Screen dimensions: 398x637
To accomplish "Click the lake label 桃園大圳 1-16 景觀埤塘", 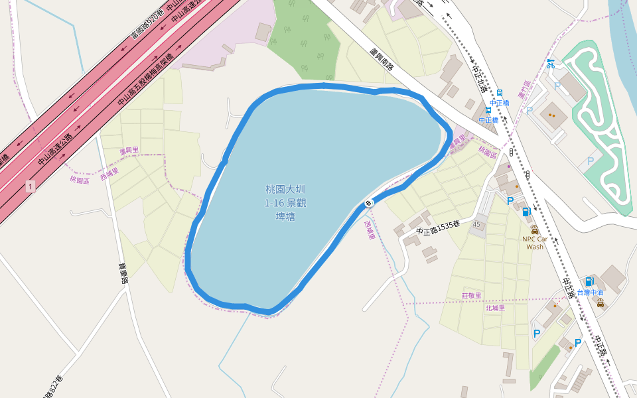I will pyautogui.click(x=285, y=202).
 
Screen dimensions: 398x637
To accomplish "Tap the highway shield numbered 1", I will pyautogui.click(x=30, y=187).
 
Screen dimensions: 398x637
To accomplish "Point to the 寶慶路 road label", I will pyautogui.click(x=122, y=271).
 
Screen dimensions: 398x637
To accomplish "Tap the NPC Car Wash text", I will pyautogui.click(x=535, y=243).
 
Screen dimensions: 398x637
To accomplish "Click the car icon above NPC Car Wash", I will pyautogui.click(x=535, y=229).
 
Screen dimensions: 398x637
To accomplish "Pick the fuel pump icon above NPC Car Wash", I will pyautogui.click(x=526, y=212).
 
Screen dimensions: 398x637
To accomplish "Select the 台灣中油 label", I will pyautogui.click(x=590, y=293).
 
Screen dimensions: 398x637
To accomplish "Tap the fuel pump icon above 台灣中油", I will pyautogui.click(x=589, y=281).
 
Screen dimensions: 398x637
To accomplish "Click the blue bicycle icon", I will pyautogui.click(x=550, y=64).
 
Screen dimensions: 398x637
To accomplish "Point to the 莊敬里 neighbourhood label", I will pyautogui.click(x=471, y=295).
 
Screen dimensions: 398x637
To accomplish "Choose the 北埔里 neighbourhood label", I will pyautogui.click(x=495, y=308).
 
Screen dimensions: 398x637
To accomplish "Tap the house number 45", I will pyautogui.click(x=476, y=226).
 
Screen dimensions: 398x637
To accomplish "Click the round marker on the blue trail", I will pyautogui.click(x=369, y=202).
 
